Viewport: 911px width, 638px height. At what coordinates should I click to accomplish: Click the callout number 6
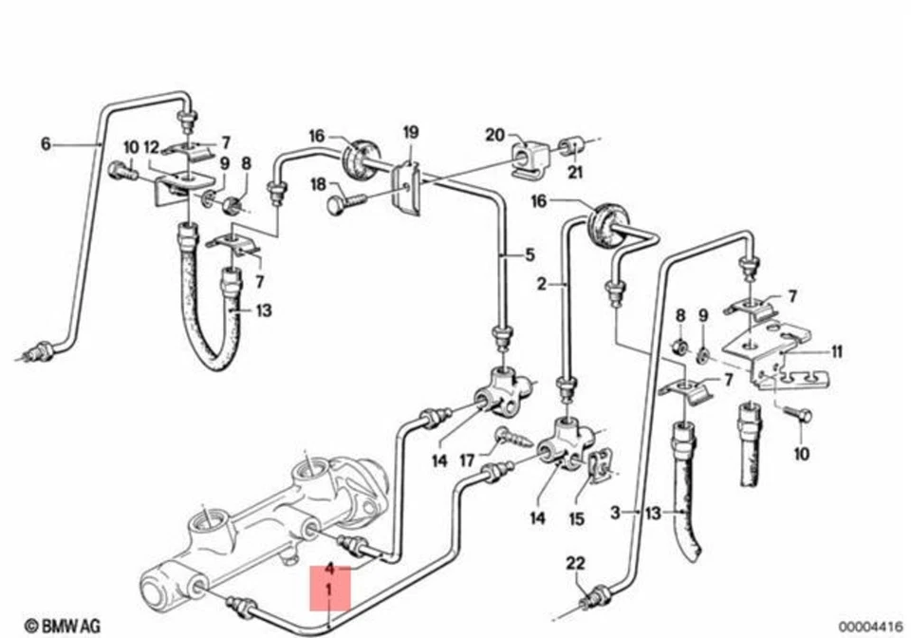pyautogui.click(x=45, y=144)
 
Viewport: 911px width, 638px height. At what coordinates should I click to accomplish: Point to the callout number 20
pyautogui.click(x=494, y=135)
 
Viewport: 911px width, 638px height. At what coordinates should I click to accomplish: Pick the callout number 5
pyautogui.click(x=530, y=254)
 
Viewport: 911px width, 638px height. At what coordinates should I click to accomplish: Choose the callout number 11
pyautogui.click(x=836, y=351)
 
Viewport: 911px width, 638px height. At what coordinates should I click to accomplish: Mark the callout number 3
pyautogui.click(x=615, y=513)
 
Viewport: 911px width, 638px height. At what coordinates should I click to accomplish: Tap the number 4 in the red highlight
pyautogui.click(x=329, y=570)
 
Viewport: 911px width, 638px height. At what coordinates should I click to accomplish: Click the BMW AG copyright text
pyautogui.click(x=62, y=625)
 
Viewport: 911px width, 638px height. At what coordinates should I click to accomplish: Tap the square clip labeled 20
pyautogui.click(x=528, y=157)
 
